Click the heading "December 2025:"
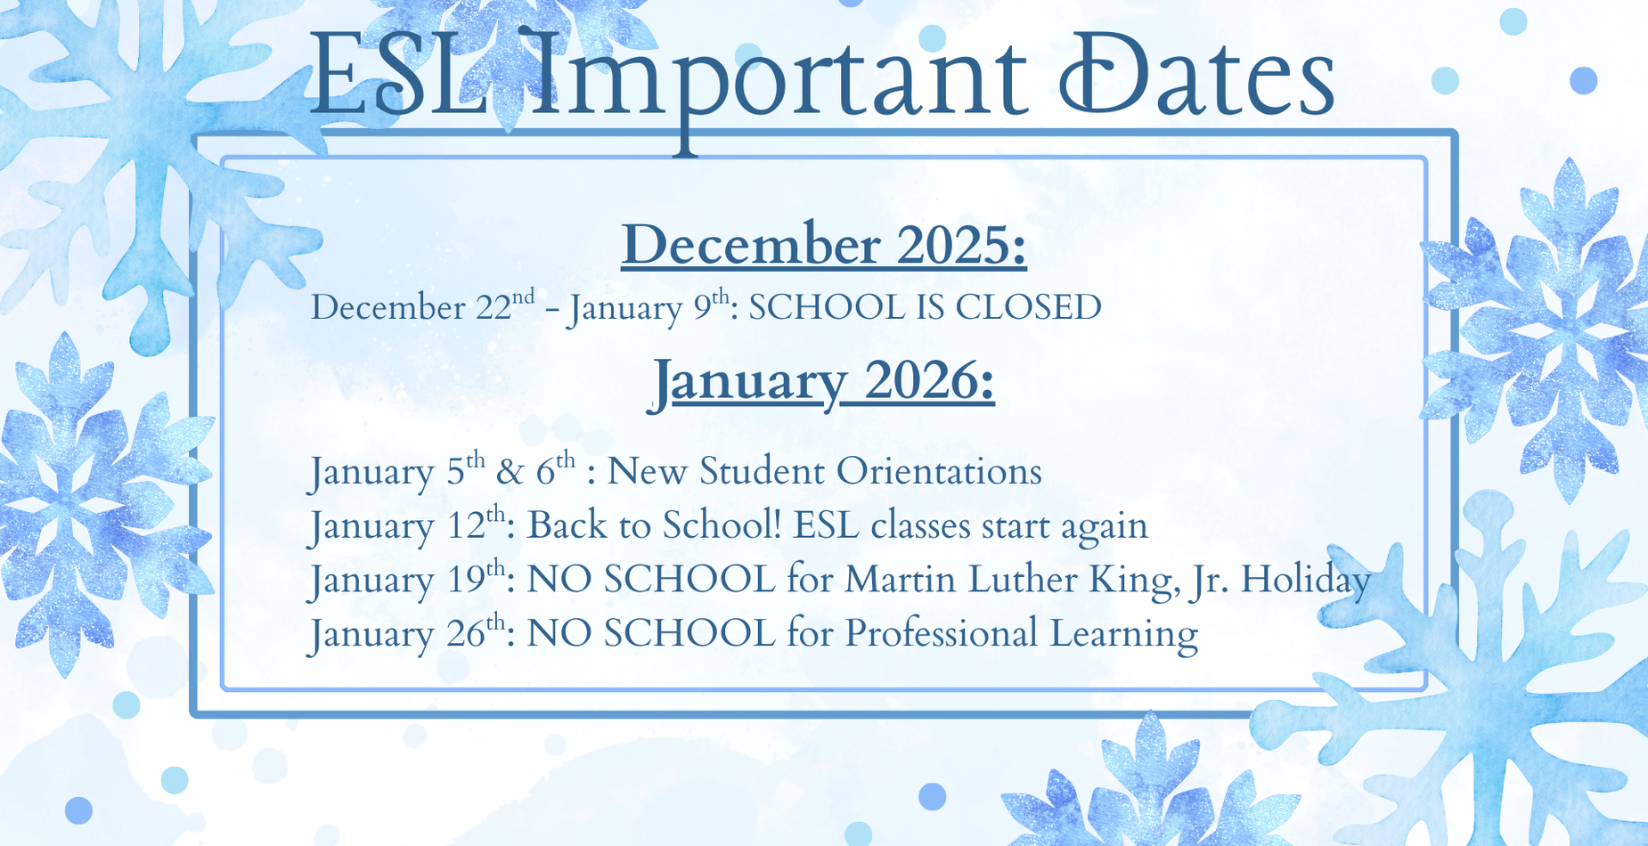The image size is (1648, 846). tap(823, 245)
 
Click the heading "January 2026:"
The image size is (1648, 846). tap(823, 381)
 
